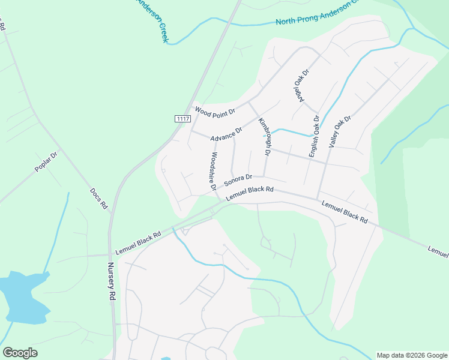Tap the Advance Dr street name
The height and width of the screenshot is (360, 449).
227,134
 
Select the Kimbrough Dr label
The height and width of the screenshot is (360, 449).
262,137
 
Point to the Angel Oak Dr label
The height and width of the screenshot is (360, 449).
301,85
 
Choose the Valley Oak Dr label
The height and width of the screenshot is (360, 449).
339,132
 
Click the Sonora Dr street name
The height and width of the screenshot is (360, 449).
238,181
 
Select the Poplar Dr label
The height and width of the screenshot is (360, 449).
46,162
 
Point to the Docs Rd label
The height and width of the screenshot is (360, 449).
98,198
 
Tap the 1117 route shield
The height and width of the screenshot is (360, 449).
183,119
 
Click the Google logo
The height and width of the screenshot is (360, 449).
20,353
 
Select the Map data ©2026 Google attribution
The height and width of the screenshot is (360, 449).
412,355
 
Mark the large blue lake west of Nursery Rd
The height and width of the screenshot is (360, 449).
23,297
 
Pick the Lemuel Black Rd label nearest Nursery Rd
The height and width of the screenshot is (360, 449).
138,242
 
